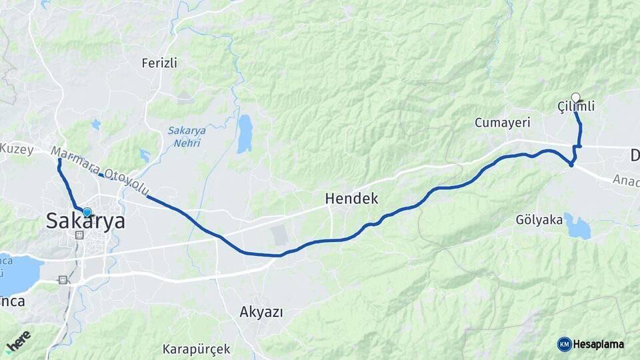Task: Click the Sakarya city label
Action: tap(85, 221)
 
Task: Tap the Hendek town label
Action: tap(351, 198)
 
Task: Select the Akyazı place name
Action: tap(261, 311)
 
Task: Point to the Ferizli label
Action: tap(159, 63)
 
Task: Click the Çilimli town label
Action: tap(575, 107)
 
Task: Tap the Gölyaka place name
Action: tap(539, 220)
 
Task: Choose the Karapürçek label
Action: tap(197, 349)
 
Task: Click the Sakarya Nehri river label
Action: tap(187, 136)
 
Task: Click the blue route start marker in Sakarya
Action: tap(87, 212)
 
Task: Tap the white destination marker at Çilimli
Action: tap(575, 97)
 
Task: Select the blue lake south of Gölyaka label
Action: tap(577, 227)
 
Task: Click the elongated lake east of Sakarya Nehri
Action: tap(245, 133)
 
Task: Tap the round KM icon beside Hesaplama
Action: tap(564, 344)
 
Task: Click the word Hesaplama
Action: tap(599, 344)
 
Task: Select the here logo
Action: tap(19, 341)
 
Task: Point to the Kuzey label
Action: tap(16, 149)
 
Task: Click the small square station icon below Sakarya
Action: tap(79, 235)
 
